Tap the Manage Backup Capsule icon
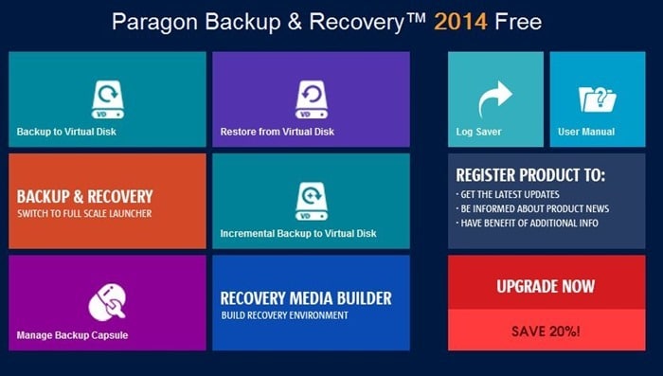(x=107, y=301)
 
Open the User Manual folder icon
(x=598, y=99)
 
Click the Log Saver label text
(x=479, y=132)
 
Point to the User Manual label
(x=586, y=132)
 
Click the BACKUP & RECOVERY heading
(x=84, y=197)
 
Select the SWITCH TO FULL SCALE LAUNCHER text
(x=84, y=214)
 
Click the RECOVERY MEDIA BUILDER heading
(x=306, y=298)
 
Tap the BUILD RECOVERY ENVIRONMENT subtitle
(x=285, y=315)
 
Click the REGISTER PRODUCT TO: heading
(x=530, y=175)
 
